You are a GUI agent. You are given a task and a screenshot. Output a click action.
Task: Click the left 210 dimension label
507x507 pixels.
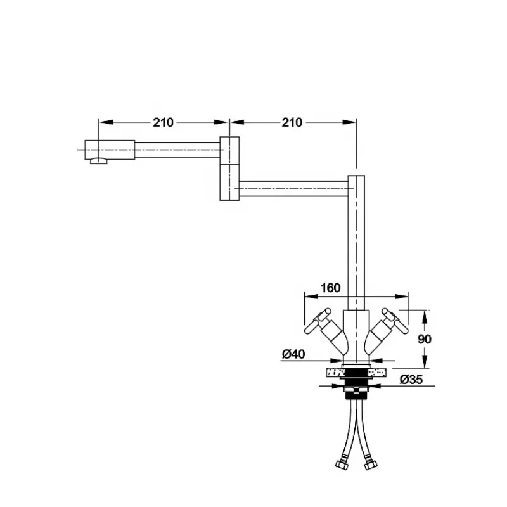click(164, 122)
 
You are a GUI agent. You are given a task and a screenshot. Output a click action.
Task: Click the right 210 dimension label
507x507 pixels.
click(292, 122)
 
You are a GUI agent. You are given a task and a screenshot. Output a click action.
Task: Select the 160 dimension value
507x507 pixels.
click(330, 288)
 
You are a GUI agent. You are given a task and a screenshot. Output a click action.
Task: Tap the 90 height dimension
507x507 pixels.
click(425, 339)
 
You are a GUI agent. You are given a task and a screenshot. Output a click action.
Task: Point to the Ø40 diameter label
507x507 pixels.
click(293, 354)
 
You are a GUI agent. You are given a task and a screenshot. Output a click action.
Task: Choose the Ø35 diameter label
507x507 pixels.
click(411, 379)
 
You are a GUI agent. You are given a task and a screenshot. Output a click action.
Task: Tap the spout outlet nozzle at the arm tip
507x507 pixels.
click(99, 161)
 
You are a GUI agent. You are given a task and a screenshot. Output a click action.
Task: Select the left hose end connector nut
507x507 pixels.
click(342, 465)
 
